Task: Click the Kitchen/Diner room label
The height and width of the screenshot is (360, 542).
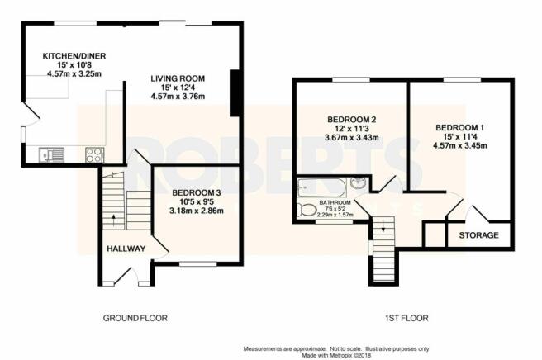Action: pos(74,56)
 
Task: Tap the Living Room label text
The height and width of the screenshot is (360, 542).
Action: pos(178,78)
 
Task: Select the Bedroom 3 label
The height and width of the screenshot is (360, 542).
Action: pos(197,192)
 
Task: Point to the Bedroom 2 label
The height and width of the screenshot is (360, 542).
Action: pos(351,120)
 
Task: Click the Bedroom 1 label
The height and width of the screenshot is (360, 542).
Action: pos(459,127)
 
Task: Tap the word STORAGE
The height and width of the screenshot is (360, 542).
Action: pos(478,235)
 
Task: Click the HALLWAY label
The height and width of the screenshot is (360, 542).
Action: pos(126,249)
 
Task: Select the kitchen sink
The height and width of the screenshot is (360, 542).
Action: pos(52,154)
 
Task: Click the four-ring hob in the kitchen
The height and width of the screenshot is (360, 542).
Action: pos(94,154)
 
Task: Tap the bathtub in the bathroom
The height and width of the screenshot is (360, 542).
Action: pos(322,188)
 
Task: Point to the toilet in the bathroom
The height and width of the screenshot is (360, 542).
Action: pos(307,211)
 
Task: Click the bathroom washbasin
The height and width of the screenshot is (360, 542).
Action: pos(359,182)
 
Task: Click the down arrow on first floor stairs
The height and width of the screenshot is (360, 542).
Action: pos(383,226)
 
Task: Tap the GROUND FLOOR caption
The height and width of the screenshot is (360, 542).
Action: pos(135,318)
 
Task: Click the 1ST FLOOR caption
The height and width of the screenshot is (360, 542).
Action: pos(406,318)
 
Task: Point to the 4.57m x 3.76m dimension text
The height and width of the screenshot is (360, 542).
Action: pos(178,97)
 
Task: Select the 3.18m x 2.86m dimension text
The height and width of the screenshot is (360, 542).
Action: pos(197,211)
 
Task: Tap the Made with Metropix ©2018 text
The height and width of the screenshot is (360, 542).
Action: pos(336,355)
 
